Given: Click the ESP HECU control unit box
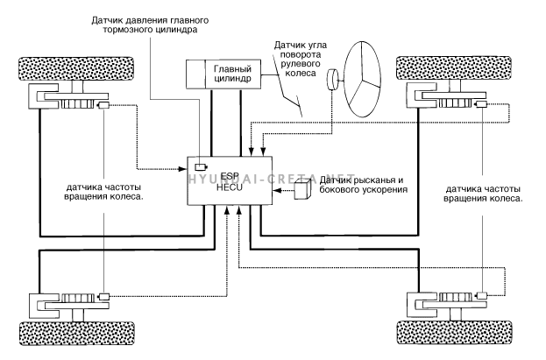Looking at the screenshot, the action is click(230, 180).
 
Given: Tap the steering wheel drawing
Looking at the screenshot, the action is click(362, 79).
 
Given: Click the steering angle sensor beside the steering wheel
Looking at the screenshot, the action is click(333, 80).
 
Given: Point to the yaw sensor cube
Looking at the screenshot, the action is click(302, 189).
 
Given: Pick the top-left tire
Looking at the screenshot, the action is click(76, 68).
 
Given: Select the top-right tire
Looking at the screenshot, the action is click(454, 68).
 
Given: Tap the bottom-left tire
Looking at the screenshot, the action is click(77, 334).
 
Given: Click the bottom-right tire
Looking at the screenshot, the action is click(455, 333).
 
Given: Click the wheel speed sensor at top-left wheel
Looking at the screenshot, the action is click(103, 105).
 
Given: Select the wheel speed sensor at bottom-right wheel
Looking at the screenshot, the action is click(482, 295).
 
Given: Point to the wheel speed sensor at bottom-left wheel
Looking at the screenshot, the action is click(104, 297).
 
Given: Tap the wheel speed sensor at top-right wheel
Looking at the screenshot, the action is click(481, 104).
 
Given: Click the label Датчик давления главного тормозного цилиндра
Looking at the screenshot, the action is click(150, 25).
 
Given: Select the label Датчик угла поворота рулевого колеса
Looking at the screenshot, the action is click(301, 59).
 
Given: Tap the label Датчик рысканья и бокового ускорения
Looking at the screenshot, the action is click(364, 185).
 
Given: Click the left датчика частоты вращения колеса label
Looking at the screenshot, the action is click(104, 192).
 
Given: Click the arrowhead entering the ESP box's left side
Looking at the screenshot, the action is click(183, 169).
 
